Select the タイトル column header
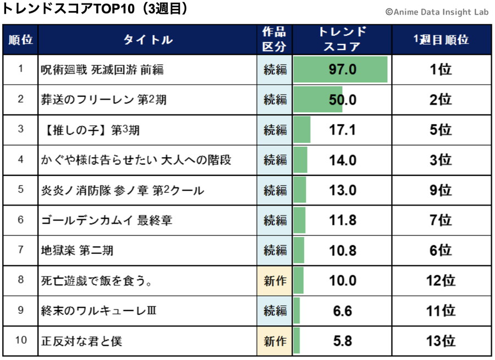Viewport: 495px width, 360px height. click(x=147, y=40)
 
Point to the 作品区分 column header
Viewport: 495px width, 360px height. click(x=274, y=40)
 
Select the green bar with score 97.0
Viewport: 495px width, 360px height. click(x=340, y=70)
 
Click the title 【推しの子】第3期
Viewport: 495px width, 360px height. click(x=90, y=130)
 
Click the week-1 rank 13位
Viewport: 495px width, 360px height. click(x=441, y=341)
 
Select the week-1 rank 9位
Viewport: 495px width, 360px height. click(x=441, y=191)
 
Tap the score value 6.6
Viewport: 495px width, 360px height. click(x=343, y=311)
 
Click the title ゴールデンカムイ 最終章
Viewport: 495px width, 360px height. click(x=107, y=221)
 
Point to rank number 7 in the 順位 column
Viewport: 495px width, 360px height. click(x=21, y=251)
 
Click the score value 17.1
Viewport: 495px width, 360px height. click(x=343, y=130)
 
